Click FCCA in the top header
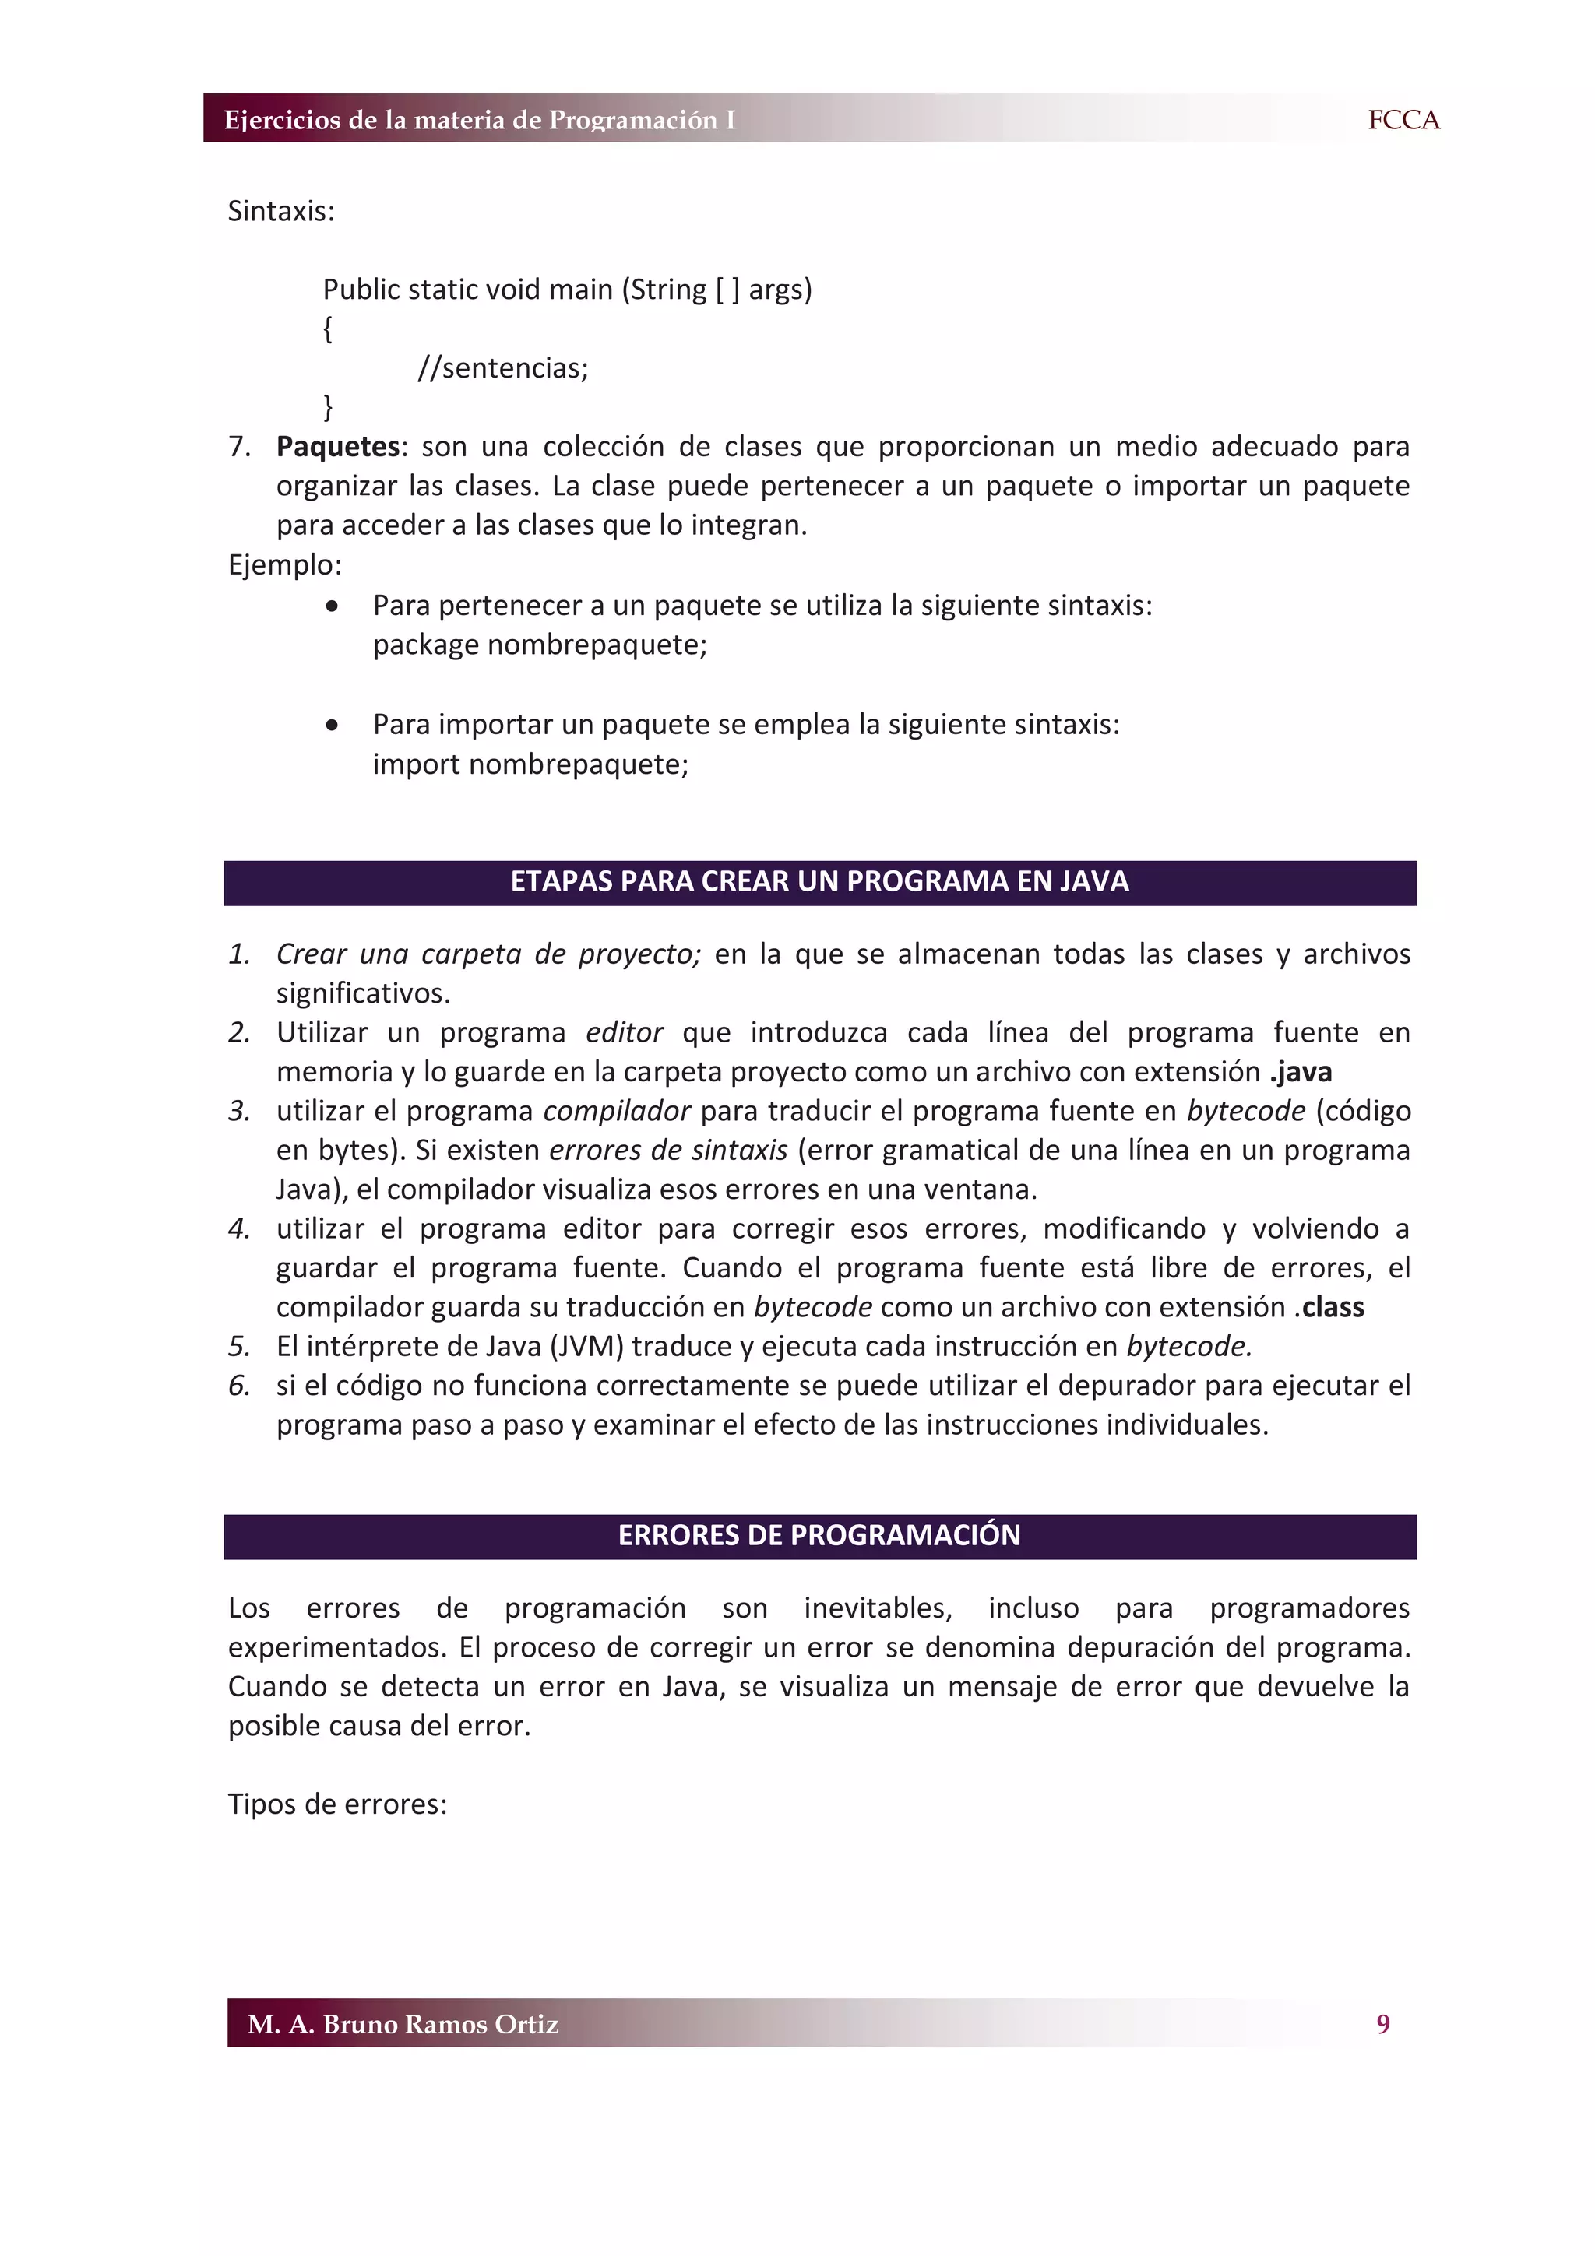tap(1403, 120)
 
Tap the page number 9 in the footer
tap(1382, 2023)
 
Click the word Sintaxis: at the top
tap(281, 211)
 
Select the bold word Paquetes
tap(337, 446)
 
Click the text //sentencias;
tap(502, 367)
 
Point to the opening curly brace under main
tap(327, 329)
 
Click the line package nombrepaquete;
tap(540, 645)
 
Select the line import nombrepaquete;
tap(530, 764)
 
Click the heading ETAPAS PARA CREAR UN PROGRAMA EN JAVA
tap(819, 881)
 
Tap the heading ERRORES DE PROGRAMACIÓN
tap(819, 1535)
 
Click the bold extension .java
tap(1300, 1071)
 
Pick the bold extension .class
tap(1329, 1307)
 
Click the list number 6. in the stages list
tap(239, 1386)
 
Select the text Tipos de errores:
tap(337, 1804)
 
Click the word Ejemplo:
tap(285, 565)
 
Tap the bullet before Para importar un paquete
tap(333, 726)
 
